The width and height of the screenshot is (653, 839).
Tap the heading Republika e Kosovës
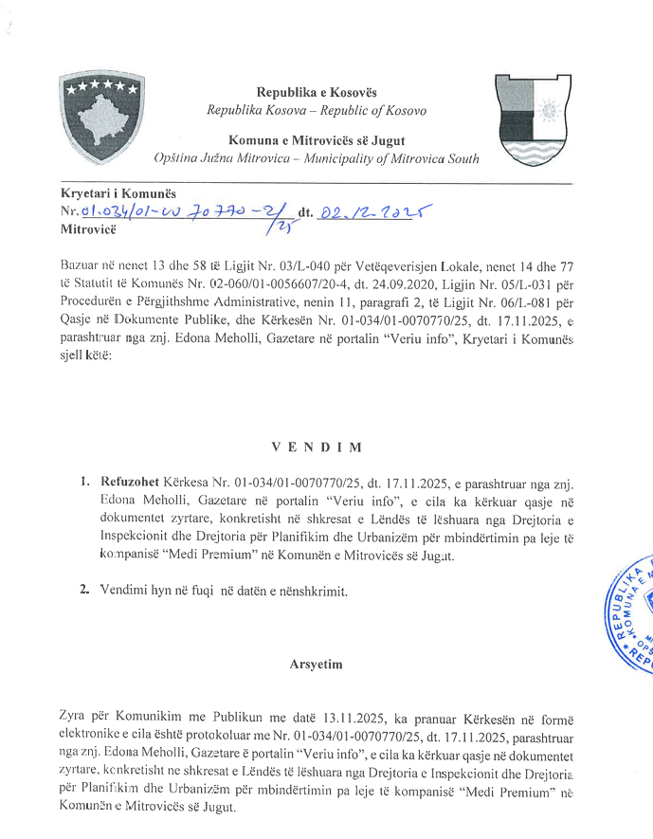(317, 92)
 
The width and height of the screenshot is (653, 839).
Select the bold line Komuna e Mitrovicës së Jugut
(317, 140)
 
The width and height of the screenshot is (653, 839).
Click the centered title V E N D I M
(316, 445)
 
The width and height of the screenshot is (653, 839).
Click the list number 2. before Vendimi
(85, 591)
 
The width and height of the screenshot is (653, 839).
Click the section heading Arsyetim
(316, 664)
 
